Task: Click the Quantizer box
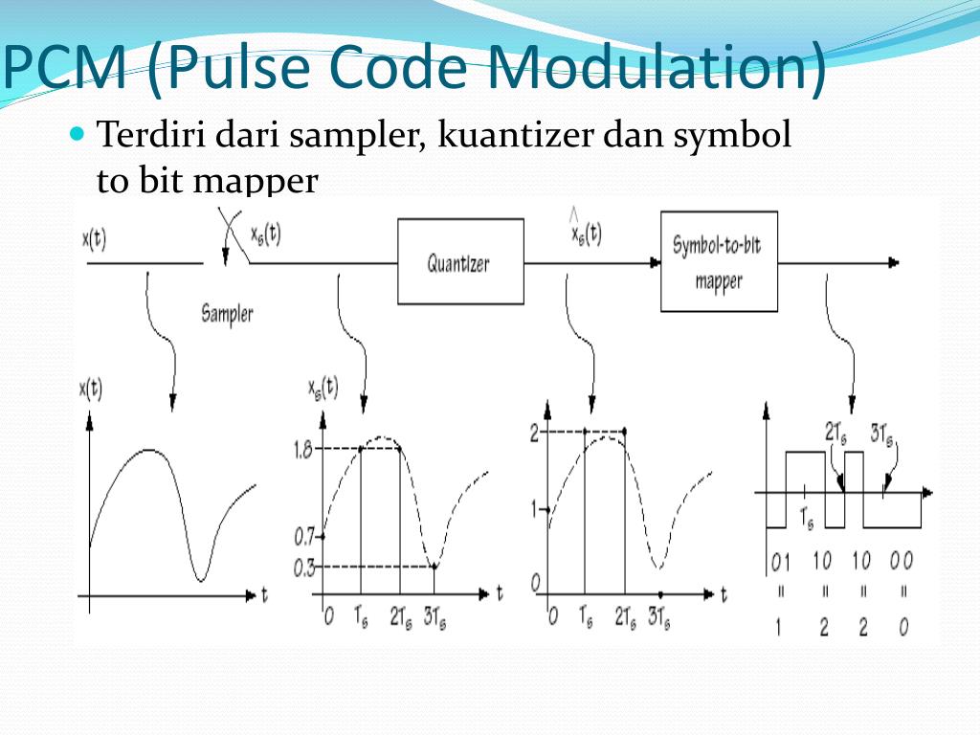click(460, 261)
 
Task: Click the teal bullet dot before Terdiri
click(78, 133)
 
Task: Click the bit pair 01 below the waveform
click(781, 561)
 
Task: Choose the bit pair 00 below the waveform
click(902, 561)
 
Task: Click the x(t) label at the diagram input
click(94, 239)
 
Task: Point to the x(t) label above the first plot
click(91, 390)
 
